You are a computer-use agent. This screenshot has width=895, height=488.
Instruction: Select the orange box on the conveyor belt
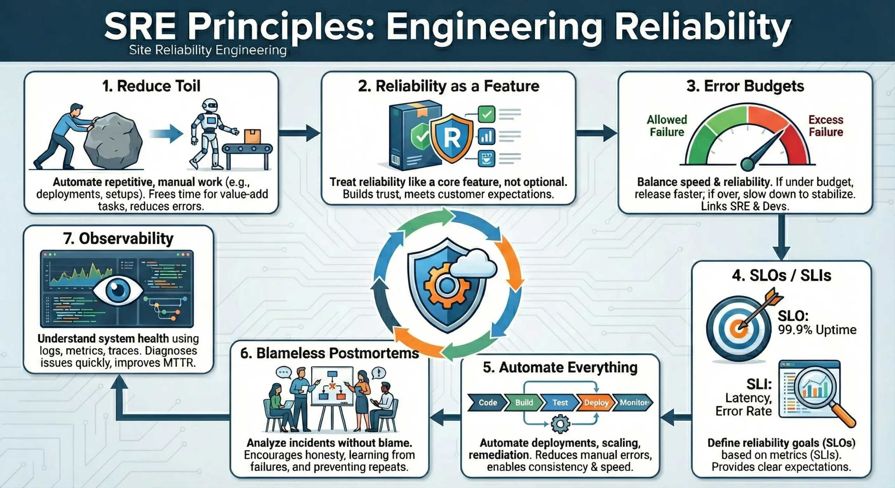click(252, 136)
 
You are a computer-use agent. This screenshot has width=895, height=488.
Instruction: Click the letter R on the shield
click(452, 138)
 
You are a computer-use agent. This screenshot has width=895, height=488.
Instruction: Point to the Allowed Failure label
click(667, 126)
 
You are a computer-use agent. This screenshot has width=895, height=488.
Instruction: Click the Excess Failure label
click(826, 126)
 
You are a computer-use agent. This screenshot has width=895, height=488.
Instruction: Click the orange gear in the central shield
click(446, 286)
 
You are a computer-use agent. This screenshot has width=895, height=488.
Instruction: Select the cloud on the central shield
click(473, 266)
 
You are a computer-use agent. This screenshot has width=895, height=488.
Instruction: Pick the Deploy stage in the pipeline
click(596, 403)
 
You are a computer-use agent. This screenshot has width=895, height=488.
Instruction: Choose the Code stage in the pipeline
click(488, 403)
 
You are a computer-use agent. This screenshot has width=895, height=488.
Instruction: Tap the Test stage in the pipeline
click(560, 403)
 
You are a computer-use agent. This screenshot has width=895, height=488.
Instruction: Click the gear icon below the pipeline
click(560, 424)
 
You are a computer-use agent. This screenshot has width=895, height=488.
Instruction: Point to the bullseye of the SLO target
click(738, 328)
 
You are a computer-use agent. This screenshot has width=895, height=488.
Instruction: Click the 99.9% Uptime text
click(817, 330)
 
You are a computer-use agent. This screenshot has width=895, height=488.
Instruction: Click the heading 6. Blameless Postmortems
click(329, 353)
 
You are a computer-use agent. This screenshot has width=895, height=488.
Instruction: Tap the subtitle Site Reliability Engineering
click(208, 50)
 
